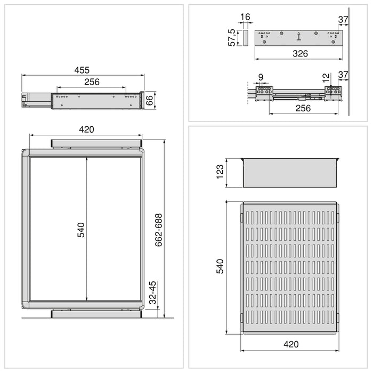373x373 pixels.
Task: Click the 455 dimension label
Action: click(x=82, y=70)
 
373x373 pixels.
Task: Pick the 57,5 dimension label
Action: click(x=232, y=38)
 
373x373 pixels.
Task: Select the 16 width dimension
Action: click(x=245, y=18)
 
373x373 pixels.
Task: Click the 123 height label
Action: click(x=220, y=173)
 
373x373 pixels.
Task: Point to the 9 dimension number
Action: click(x=261, y=77)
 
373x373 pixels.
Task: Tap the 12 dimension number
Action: click(x=326, y=77)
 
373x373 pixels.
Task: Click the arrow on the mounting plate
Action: click(x=299, y=37)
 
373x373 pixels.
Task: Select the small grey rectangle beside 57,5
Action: click(x=246, y=38)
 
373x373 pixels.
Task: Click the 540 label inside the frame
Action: click(x=81, y=229)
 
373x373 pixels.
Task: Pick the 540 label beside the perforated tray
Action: click(x=220, y=266)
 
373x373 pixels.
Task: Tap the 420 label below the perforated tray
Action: click(x=291, y=345)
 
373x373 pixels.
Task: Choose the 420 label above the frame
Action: click(x=86, y=129)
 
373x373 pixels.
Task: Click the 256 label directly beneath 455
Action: click(x=92, y=82)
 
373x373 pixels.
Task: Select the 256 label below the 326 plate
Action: click(x=303, y=108)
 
